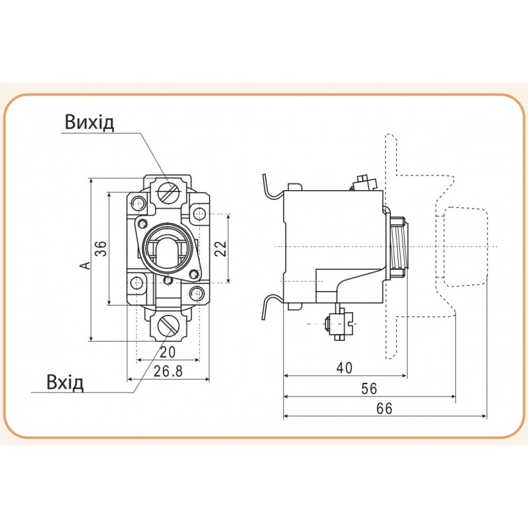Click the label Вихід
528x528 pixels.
point(90,123)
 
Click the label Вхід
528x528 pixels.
point(65,383)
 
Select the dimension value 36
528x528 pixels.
point(100,249)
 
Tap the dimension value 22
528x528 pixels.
point(220,248)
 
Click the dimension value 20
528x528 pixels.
point(168,352)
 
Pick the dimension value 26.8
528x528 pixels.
point(168,372)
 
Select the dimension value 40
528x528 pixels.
point(344,368)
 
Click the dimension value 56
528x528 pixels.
point(369,389)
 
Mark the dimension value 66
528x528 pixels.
point(384,409)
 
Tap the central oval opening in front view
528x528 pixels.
point(168,249)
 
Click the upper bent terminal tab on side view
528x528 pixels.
point(271,187)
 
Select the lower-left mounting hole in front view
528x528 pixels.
point(137,282)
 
